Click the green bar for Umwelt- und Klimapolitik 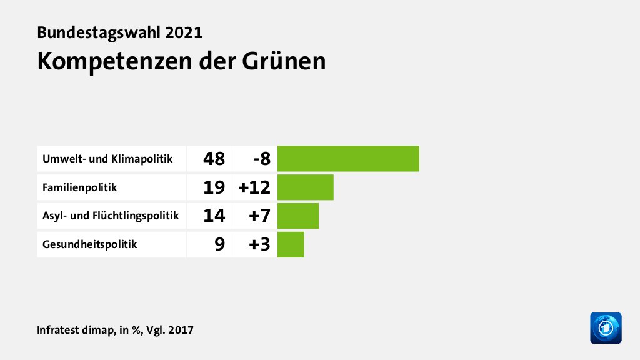coord(348,158)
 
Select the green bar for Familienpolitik coord(305,187)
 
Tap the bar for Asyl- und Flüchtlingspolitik coord(298,216)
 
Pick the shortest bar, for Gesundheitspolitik coord(291,244)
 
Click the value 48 coord(214,159)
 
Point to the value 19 coord(214,187)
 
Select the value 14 coord(214,216)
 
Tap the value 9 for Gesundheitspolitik coord(219,245)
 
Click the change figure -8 coord(261,159)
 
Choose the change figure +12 coord(254,187)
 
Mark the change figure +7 coord(257,216)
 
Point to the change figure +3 coord(257,245)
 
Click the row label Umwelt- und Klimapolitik coord(107,159)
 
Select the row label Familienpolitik coord(79,187)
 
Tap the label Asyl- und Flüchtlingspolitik coord(111,216)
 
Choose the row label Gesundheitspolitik coord(89,245)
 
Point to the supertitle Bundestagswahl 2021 coord(120,32)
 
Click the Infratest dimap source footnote coord(115,329)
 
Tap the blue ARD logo coord(606,327)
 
